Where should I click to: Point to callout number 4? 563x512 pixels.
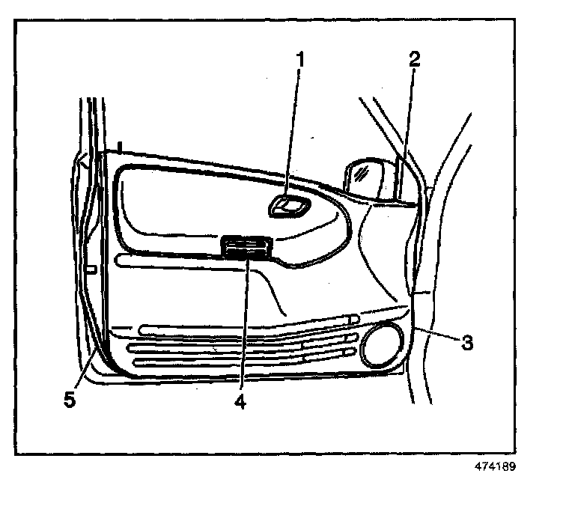pos(240,401)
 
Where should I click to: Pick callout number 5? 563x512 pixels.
pos(70,400)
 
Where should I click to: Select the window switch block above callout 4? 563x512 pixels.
pos(246,247)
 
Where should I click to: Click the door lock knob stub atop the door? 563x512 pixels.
pos(119,144)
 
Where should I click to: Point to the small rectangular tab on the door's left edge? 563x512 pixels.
pos(91,267)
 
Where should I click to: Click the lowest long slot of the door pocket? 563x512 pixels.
pos(240,361)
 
